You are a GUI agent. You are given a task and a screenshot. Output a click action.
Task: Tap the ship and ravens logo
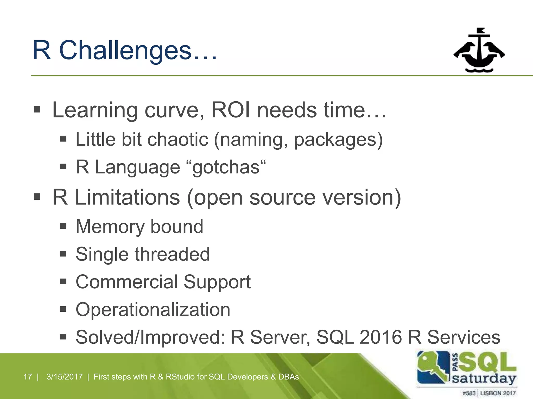[479, 51]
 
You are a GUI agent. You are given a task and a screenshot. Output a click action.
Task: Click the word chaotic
[178, 139]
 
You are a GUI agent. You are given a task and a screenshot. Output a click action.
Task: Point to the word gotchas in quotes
[226, 167]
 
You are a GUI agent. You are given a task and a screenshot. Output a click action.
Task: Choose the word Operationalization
[153, 310]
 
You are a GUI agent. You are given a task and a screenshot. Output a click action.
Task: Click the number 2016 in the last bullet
[380, 337]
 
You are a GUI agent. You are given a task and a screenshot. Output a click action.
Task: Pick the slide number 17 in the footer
[28, 377]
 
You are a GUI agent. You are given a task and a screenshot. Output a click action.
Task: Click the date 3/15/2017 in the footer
[65, 377]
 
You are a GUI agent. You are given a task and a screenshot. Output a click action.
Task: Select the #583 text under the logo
[469, 393]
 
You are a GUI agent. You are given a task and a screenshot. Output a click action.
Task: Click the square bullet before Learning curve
[37, 110]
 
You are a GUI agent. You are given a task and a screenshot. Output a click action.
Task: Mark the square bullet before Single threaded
[63, 254]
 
